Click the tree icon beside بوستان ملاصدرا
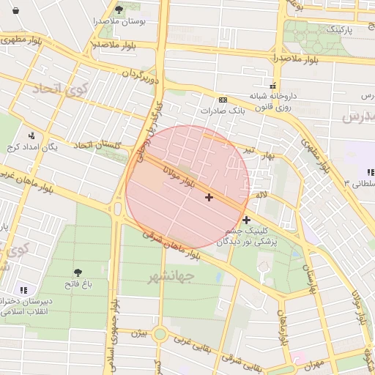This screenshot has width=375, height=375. click(119, 9)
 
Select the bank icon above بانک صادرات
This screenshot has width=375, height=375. click(223, 100)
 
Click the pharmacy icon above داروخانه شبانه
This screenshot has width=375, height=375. click(273, 85)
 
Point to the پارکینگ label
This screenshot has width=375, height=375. click(339, 29)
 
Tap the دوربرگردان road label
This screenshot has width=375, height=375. click(141, 75)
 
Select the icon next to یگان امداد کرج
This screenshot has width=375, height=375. click(31, 135)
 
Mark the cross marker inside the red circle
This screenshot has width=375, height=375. click(209, 197)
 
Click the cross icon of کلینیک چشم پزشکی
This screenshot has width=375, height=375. click(246, 219)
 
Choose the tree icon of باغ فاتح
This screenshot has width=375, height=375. click(77, 272)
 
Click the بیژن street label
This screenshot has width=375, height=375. click(139, 333)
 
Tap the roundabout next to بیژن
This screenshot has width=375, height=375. click(160, 335)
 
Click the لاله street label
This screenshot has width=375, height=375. click(261, 195)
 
